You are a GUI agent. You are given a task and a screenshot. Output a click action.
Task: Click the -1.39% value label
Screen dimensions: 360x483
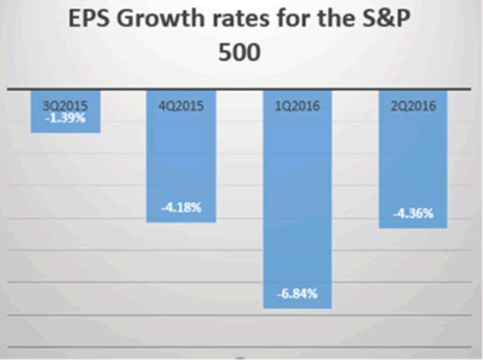click(65, 118)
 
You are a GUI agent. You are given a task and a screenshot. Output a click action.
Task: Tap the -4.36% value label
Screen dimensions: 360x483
click(413, 213)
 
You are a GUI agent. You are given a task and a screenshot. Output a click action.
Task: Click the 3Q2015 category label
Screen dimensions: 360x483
click(65, 104)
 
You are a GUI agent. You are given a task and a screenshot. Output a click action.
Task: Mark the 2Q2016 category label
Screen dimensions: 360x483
click(413, 104)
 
